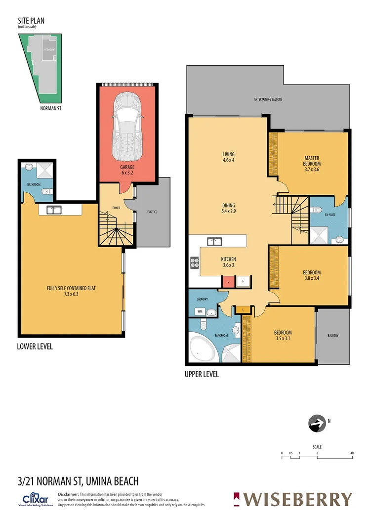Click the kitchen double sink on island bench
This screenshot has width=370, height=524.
pos(215,242)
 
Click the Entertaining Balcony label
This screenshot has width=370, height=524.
pos(268,99)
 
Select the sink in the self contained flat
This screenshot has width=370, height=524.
pos(53,210)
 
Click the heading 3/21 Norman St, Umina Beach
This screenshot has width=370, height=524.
pos(78,480)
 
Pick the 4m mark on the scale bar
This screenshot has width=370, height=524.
pos(352,452)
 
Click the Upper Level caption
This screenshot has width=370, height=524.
pos(201,374)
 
